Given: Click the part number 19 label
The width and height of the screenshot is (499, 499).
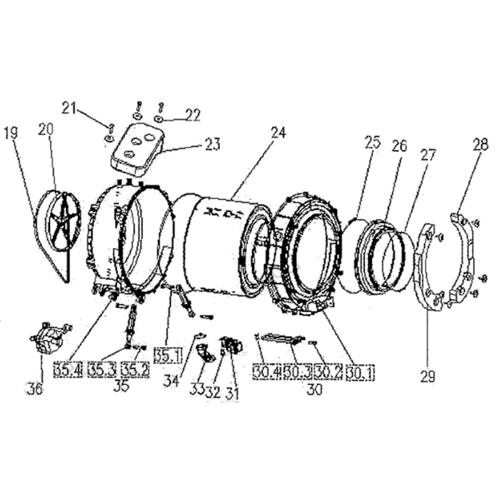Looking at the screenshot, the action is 11,133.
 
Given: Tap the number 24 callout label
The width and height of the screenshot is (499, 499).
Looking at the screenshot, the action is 278,132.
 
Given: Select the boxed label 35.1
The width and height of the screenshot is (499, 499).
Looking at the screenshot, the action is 168,356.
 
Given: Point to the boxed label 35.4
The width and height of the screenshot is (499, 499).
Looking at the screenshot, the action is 68,370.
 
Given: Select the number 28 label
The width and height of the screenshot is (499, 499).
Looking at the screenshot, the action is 481,145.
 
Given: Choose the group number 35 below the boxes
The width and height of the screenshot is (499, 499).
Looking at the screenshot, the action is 121,386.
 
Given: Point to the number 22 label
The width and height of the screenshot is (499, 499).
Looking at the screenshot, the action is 193,115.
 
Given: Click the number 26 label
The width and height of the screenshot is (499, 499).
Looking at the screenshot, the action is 399,146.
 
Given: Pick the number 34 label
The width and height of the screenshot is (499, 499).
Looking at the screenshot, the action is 171,381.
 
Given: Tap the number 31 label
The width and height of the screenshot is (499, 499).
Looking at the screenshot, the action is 232,394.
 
